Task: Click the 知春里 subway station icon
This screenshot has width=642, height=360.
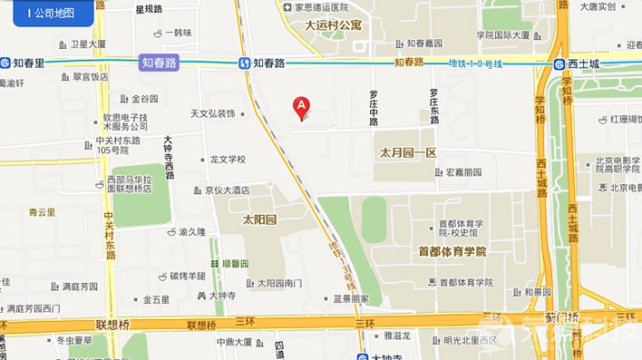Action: tap(7, 63)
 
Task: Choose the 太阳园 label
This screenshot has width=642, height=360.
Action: tap(258, 220)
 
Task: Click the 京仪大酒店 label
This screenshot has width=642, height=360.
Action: tap(226, 190)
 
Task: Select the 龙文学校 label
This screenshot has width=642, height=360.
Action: tap(228, 160)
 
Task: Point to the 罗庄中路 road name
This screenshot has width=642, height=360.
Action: tap(373, 107)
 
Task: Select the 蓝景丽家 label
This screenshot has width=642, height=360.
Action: tap(350, 298)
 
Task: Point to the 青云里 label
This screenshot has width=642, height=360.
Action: tap(42, 212)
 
